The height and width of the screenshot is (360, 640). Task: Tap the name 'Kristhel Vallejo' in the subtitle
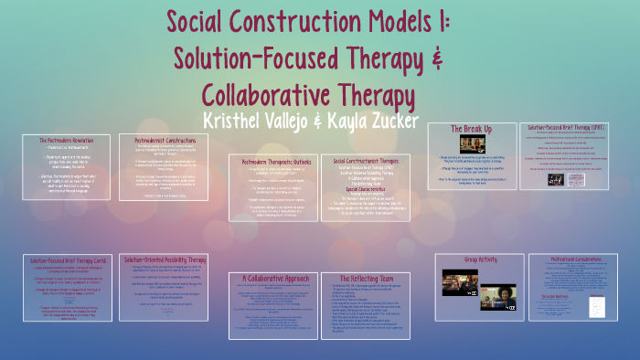(x=264, y=121)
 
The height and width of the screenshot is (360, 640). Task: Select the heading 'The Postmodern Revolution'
(x=62, y=140)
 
